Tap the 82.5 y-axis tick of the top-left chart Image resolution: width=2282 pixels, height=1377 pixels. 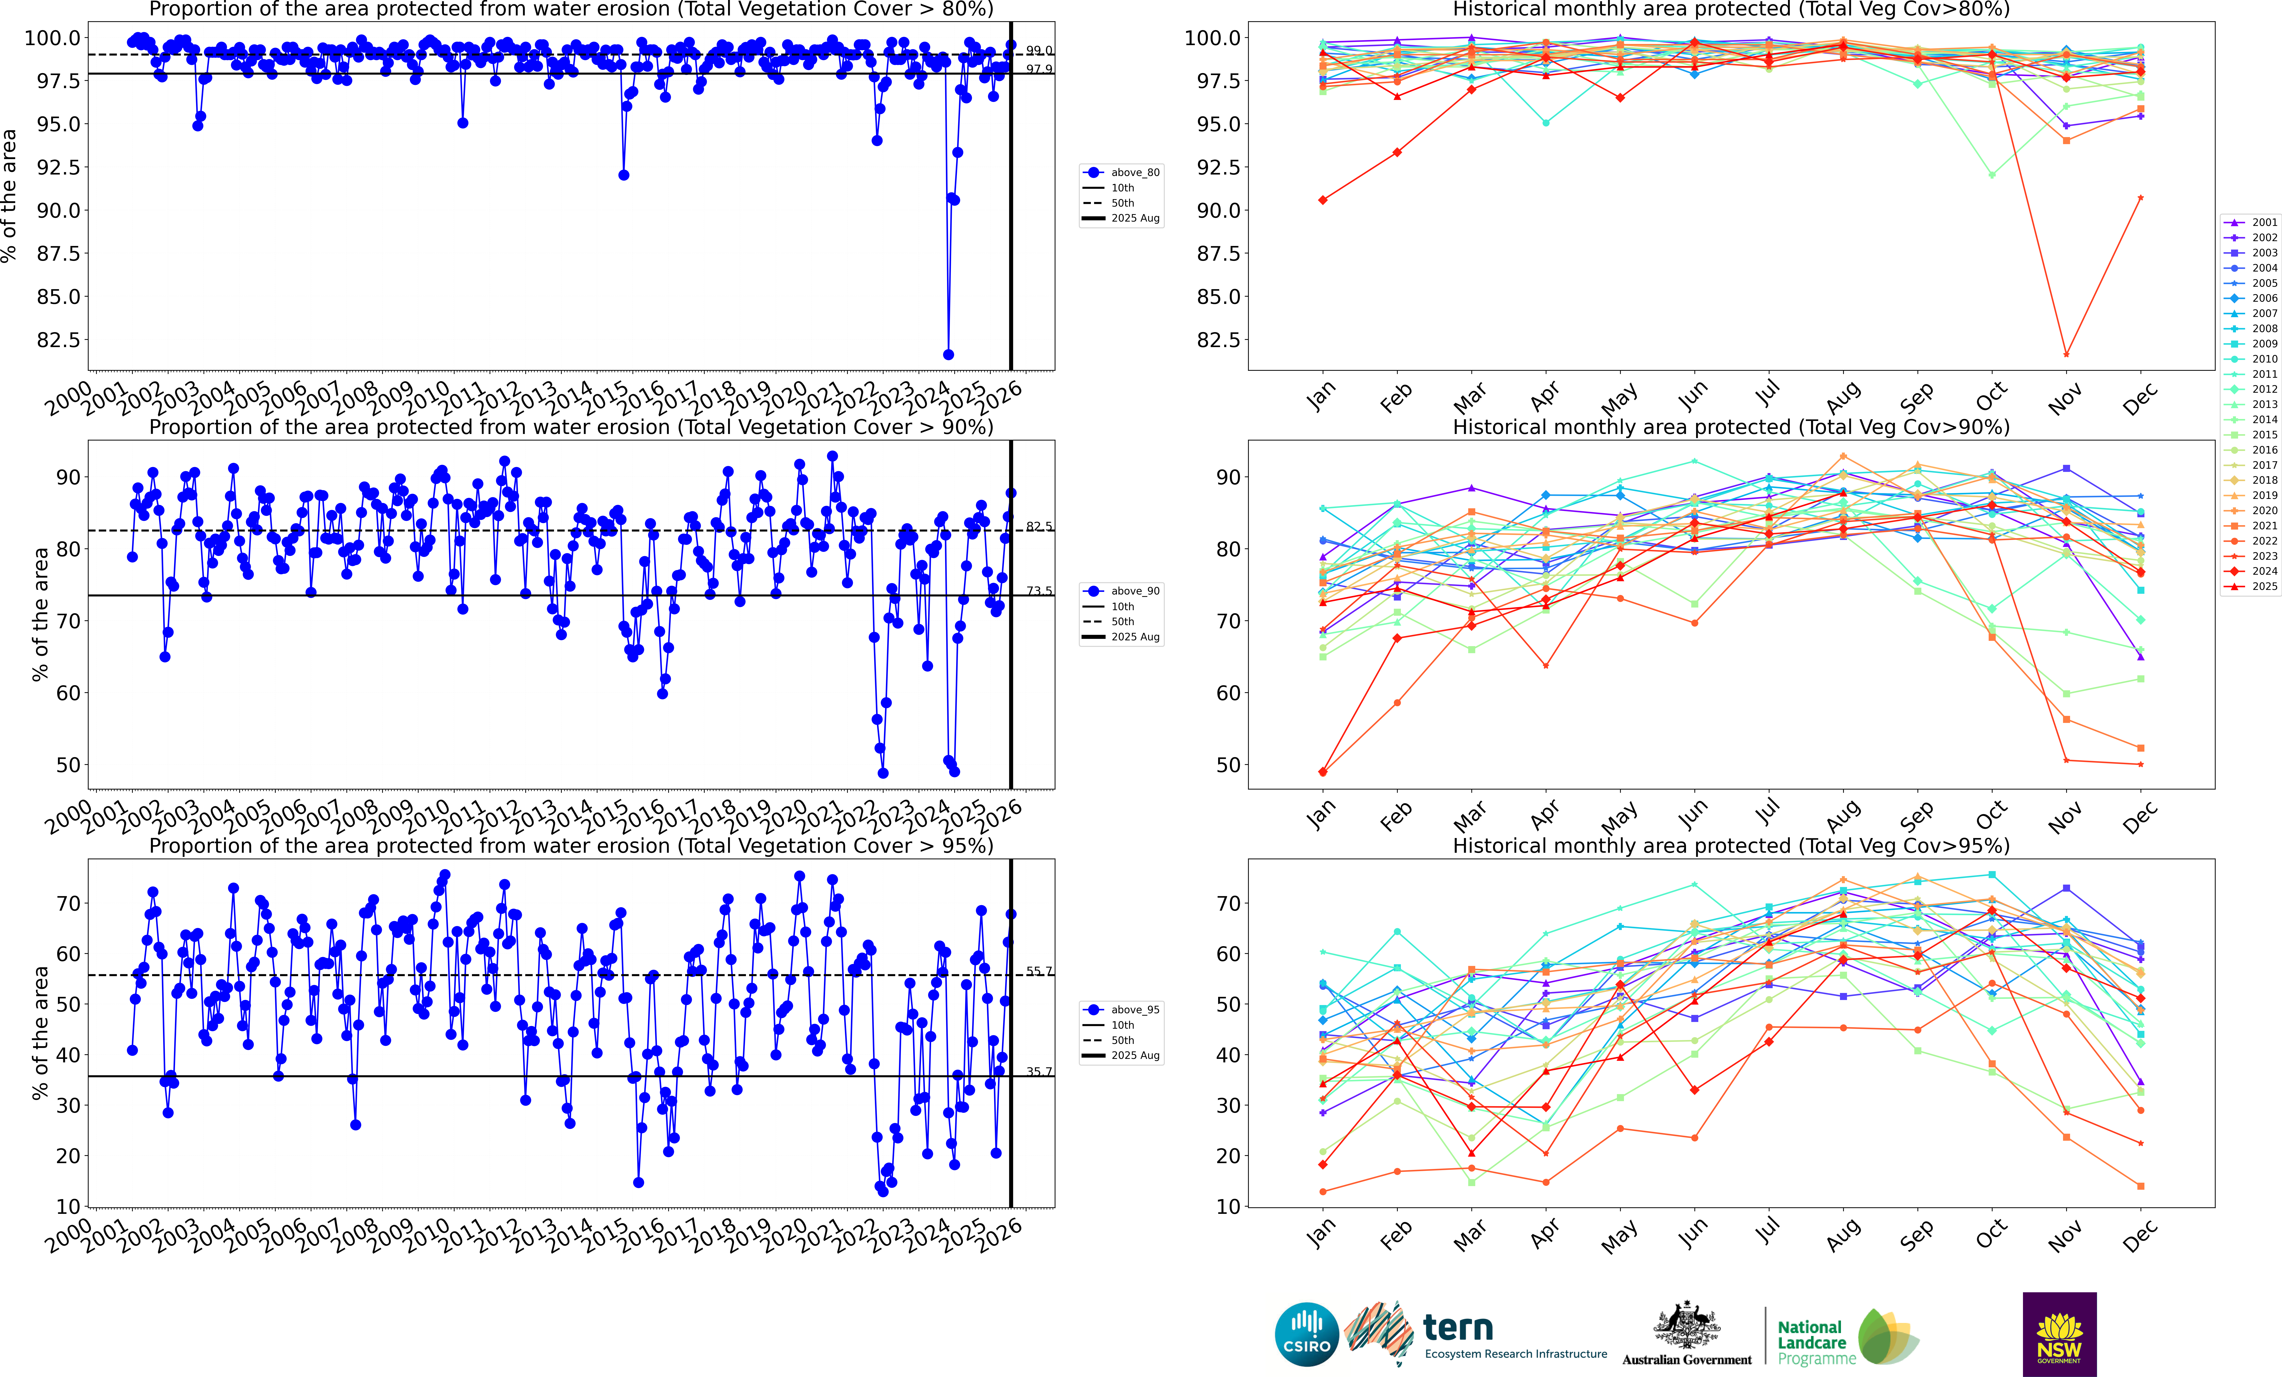click(57, 340)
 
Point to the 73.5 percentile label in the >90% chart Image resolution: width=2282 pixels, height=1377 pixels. click(1038, 591)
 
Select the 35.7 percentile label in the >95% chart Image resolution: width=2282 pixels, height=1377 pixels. click(1038, 1071)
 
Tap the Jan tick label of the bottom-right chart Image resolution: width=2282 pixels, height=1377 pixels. click(1322, 1233)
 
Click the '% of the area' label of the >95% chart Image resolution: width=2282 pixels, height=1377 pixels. click(40, 1033)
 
